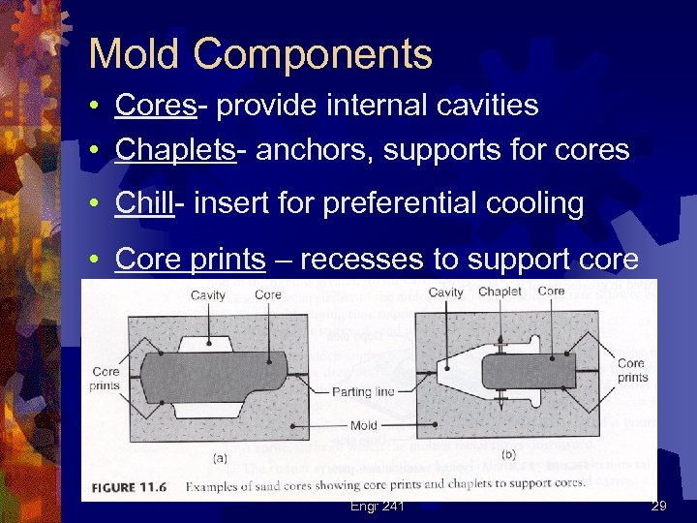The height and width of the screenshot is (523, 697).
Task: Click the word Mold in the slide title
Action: point(135,54)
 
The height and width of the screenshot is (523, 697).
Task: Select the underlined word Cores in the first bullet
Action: point(155,106)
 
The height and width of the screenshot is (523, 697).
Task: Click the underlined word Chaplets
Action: point(175,150)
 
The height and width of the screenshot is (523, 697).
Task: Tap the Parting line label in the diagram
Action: point(363,392)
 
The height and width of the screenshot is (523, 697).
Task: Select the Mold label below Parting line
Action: point(364,424)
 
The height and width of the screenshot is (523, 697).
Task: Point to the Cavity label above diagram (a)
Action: point(208,295)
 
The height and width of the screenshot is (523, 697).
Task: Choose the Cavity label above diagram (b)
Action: point(445,292)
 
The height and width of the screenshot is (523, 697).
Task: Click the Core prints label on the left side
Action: point(106,378)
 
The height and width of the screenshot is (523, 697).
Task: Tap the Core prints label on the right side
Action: point(632,370)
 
